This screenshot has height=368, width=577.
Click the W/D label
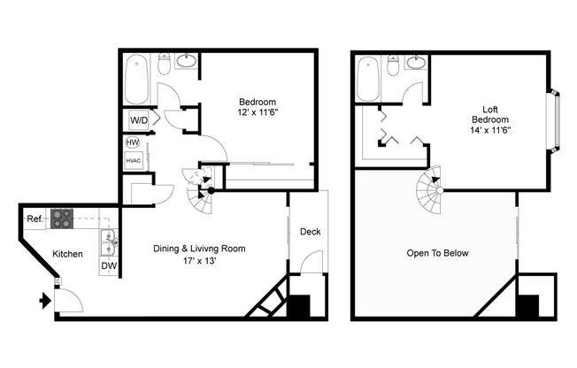tap(138, 119)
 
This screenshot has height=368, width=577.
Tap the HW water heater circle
tap(133, 142)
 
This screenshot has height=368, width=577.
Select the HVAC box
tap(134, 160)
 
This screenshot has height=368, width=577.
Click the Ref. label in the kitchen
tap(34, 218)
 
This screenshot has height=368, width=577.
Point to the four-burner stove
tap(61, 218)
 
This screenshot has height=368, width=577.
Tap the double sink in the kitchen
tap(108, 239)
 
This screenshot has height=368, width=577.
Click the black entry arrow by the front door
tap(45, 302)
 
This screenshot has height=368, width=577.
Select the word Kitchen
tap(67, 254)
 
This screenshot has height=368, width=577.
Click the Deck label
tap(310, 232)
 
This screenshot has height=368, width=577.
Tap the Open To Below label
tap(437, 254)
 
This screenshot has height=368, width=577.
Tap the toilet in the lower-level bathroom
tap(164, 63)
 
